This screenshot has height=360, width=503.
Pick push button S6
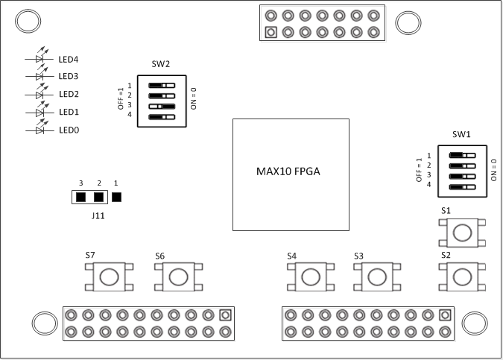pos(178,277)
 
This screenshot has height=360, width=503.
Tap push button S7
pos(108,277)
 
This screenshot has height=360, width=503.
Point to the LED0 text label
pos(69,130)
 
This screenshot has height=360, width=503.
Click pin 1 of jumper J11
pos(116,198)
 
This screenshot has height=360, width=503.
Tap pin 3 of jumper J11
pos(80,198)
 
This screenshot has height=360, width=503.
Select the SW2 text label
pos(161,65)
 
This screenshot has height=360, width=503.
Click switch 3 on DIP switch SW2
pos(161,106)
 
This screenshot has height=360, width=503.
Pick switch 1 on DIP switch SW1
pos(463,155)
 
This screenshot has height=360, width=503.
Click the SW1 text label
pos(461,134)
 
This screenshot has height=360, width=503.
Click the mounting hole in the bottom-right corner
pos(474,323)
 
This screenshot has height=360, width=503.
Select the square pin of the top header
pos(271,32)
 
